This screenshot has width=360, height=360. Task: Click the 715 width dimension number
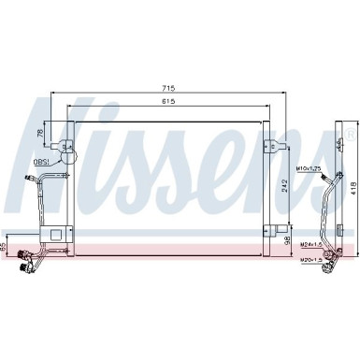168,88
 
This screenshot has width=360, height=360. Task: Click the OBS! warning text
43,163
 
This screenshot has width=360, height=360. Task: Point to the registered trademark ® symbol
352,137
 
